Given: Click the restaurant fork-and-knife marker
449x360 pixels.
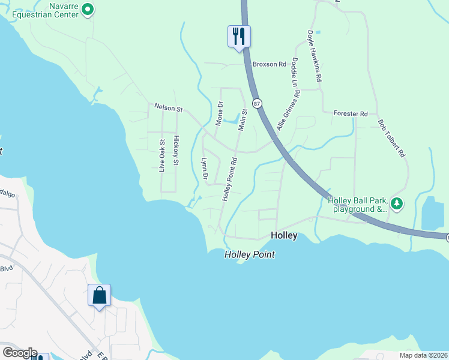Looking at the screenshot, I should [239, 36].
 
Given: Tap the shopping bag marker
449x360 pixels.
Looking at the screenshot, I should [99, 295].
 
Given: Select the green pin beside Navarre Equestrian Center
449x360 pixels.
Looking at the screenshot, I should [87, 8].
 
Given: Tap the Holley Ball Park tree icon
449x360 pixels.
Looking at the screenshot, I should [396, 204].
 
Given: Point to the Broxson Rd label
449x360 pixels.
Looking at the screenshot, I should [270, 64].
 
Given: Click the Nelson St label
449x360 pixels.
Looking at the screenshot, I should [168, 109].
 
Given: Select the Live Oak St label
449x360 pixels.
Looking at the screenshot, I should [161, 155].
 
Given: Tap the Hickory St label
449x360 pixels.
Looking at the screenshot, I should [176, 151].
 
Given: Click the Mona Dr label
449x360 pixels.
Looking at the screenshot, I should [220, 113].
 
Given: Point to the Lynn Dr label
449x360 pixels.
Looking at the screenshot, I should [204, 169].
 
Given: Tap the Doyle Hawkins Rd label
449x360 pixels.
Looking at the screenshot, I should [316, 56].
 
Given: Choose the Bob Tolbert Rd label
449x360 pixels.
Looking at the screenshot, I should [391, 138].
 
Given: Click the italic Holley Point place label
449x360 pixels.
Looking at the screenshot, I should [249, 254].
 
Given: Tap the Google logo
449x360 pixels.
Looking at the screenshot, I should [19, 353].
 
